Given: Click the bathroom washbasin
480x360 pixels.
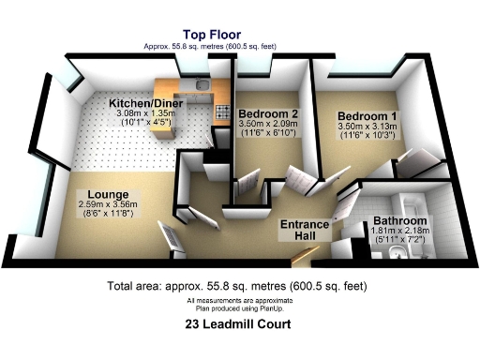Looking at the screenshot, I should coord(398,253).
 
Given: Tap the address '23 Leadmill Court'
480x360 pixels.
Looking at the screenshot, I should coord(239,325).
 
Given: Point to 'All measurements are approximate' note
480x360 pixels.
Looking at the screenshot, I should coord(239,299).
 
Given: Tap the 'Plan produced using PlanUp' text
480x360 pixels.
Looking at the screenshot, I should coord(239,307).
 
